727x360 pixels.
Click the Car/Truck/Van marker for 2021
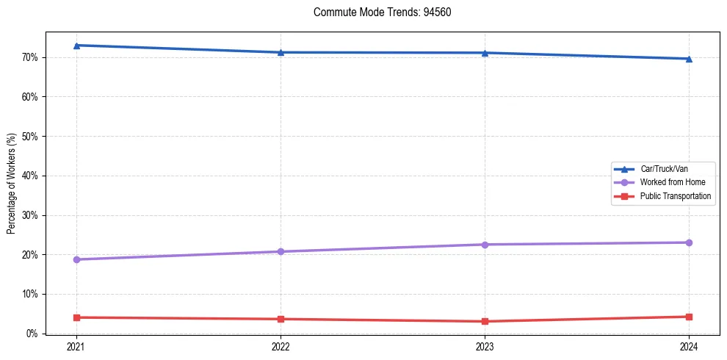(x=76, y=46)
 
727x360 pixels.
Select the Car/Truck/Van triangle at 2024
(x=689, y=59)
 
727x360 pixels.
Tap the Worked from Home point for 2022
(x=281, y=252)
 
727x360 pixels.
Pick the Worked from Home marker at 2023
(x=485, y=245)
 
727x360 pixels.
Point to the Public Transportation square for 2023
(x=485, y=322)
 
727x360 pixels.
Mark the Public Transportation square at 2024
(x=689, y=317)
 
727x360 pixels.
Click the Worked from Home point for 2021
(x=76, y=259)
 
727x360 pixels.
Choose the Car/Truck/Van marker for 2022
(x=281, y=52)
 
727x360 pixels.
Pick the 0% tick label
(x=30, y=334)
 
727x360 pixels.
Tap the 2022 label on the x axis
(x=281, y=347)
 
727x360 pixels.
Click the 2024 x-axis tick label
(x=689, y=347)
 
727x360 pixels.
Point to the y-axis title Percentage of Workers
(x=12, y=183)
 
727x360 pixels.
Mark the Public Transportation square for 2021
(x=76, y=317)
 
